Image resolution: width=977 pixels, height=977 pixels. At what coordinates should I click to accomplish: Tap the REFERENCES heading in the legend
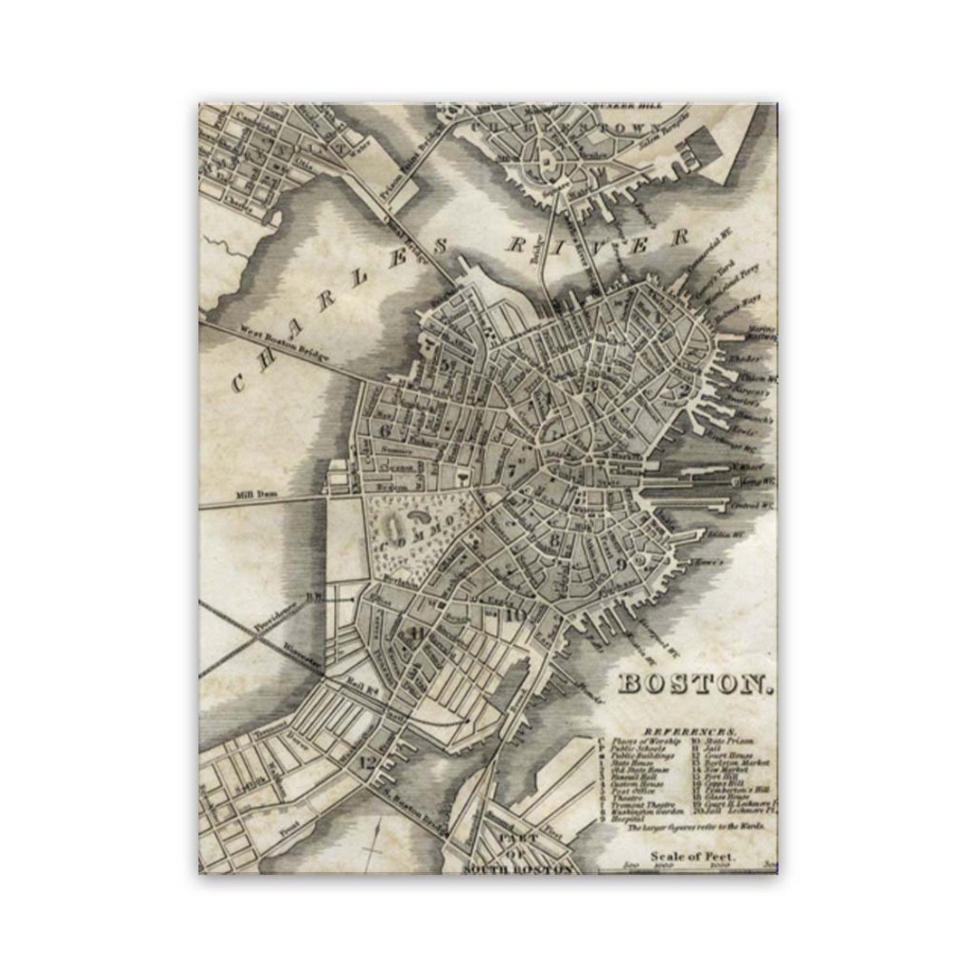tap(689, 729)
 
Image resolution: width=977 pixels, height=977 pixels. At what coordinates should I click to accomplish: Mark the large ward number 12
tap(366, 762)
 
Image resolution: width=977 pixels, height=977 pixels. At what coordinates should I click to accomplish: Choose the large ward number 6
tap(385, 430)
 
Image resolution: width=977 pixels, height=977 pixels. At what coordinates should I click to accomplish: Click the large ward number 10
tap(516, 616)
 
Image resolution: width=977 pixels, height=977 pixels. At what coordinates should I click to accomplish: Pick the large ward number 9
tap(621, 564)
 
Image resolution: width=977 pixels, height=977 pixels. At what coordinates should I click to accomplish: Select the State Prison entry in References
tap(720, 740)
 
